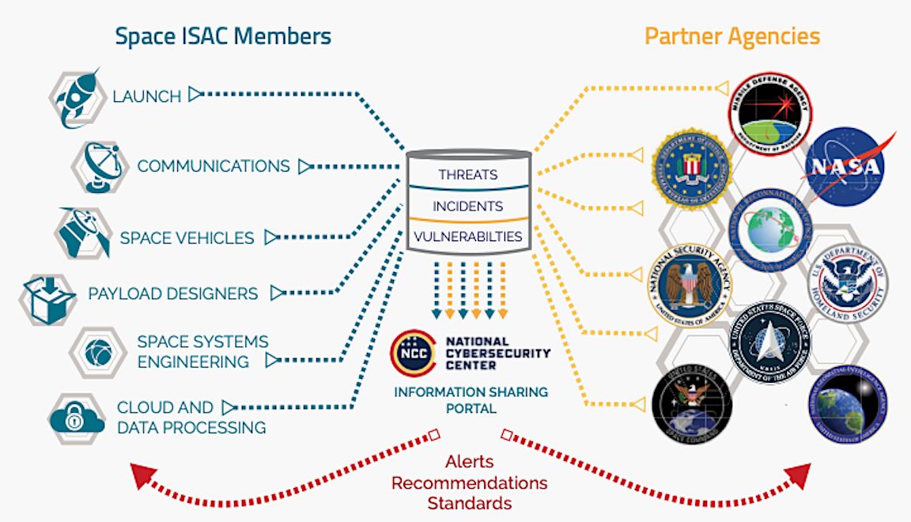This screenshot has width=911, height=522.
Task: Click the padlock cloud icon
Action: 77,417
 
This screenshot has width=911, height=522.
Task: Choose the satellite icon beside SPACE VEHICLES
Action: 82,233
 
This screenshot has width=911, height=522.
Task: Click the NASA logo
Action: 844,167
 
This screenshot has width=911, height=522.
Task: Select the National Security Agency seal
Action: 690,284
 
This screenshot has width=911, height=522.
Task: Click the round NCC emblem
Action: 412,353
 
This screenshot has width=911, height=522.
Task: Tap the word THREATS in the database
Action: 469,175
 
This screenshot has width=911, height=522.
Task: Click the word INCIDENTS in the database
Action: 468,206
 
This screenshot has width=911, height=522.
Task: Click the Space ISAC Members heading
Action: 222,36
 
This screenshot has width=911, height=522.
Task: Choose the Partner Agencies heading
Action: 731,36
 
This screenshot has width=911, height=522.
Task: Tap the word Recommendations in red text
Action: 469,482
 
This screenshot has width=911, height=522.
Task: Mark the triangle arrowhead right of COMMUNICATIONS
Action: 304,166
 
